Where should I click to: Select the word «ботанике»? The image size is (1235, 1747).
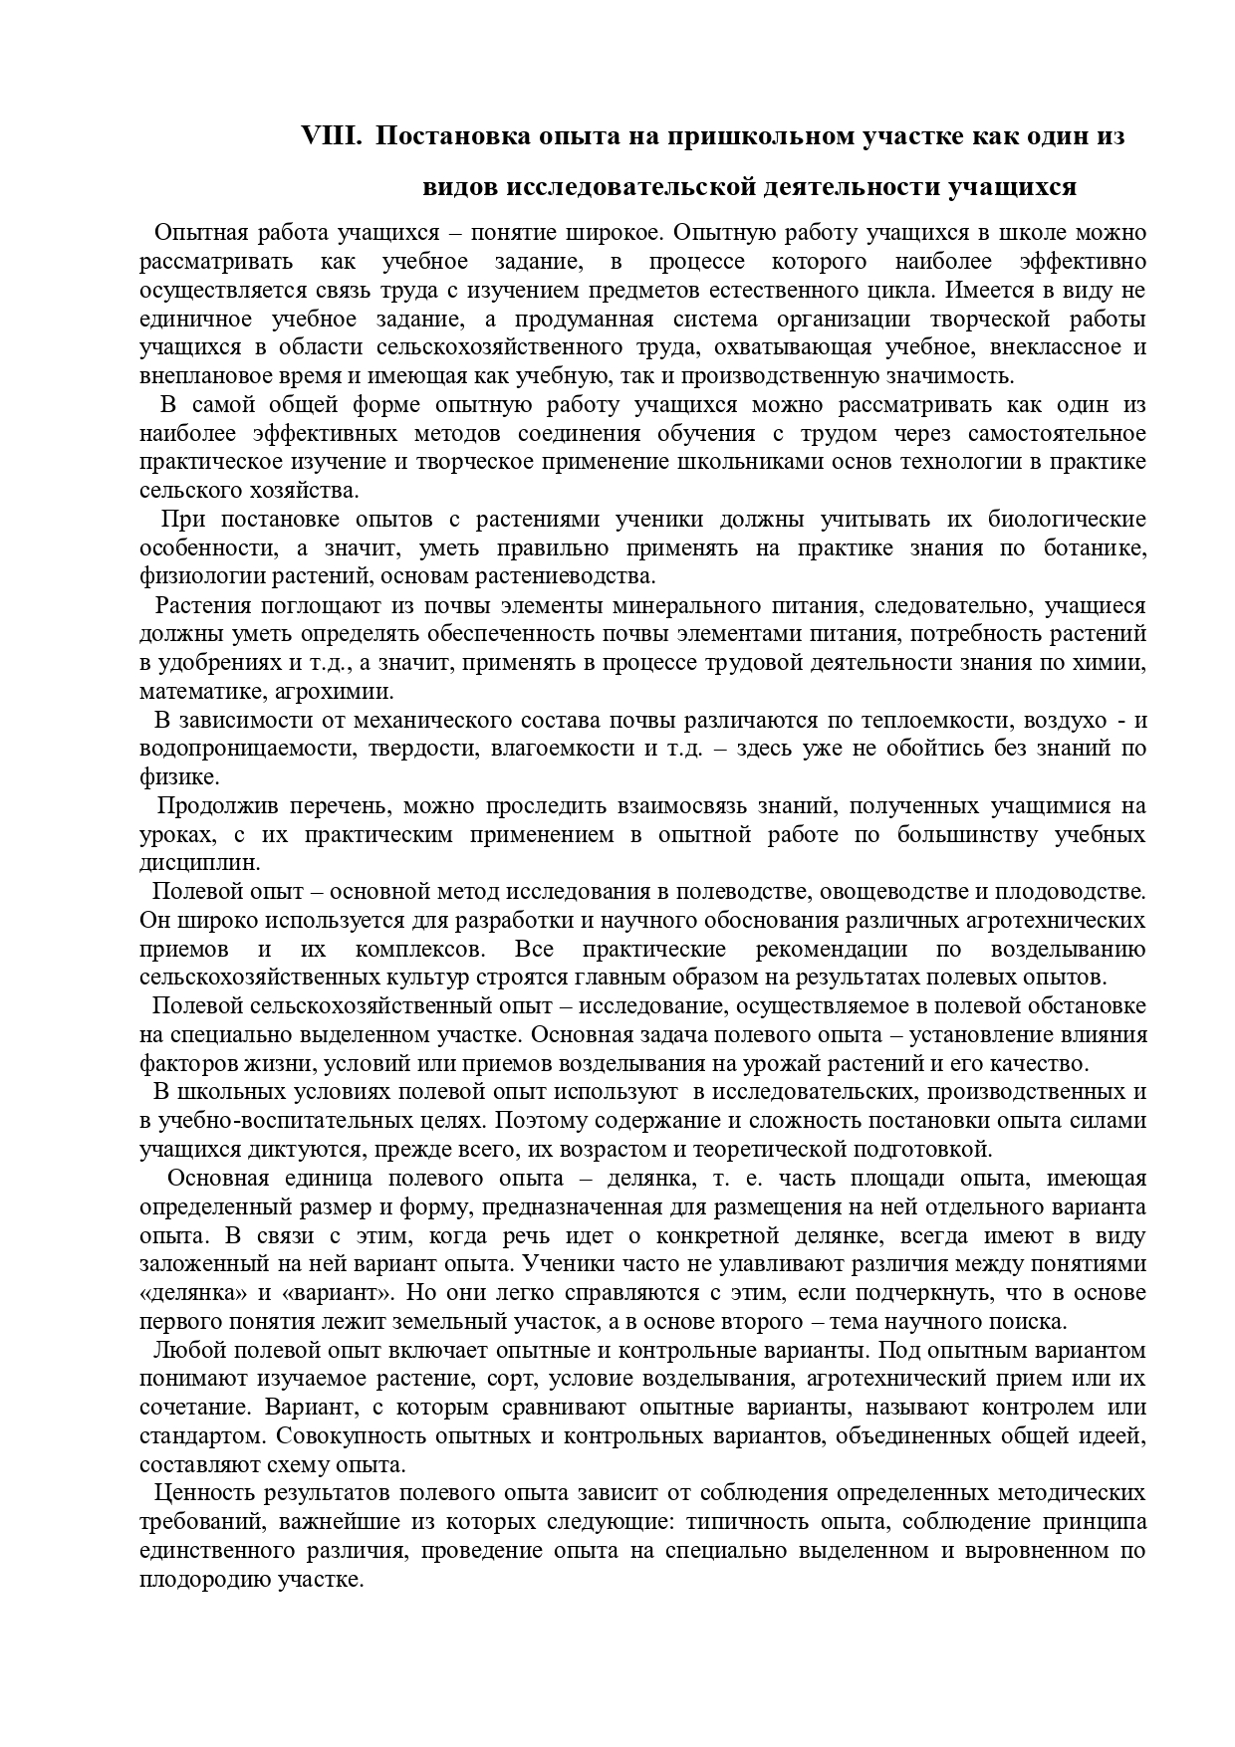[1095, 548]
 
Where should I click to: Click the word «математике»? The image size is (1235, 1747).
[203, 692]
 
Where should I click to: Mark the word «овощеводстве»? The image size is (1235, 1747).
[864, 892]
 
